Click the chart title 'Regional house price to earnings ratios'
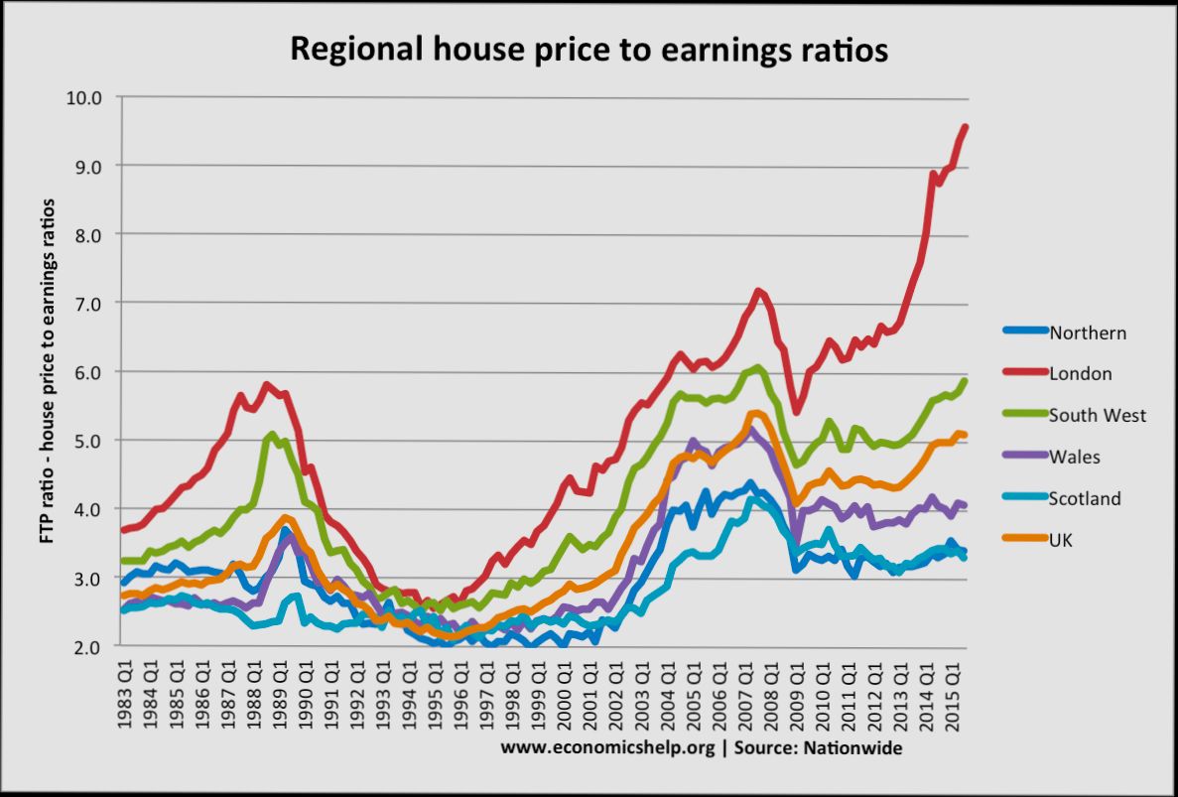(x=589, y=51)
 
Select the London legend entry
(x=1080, y=374)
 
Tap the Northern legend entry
(x=1088, y=333)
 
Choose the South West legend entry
(x=1097, y=416)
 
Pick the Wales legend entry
(x=1075, y=458)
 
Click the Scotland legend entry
(x=1085, y=498)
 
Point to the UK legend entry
(x=1061, y=540)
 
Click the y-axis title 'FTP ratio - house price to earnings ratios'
(x=47, y=371)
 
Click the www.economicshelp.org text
(x=608, y=747)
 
